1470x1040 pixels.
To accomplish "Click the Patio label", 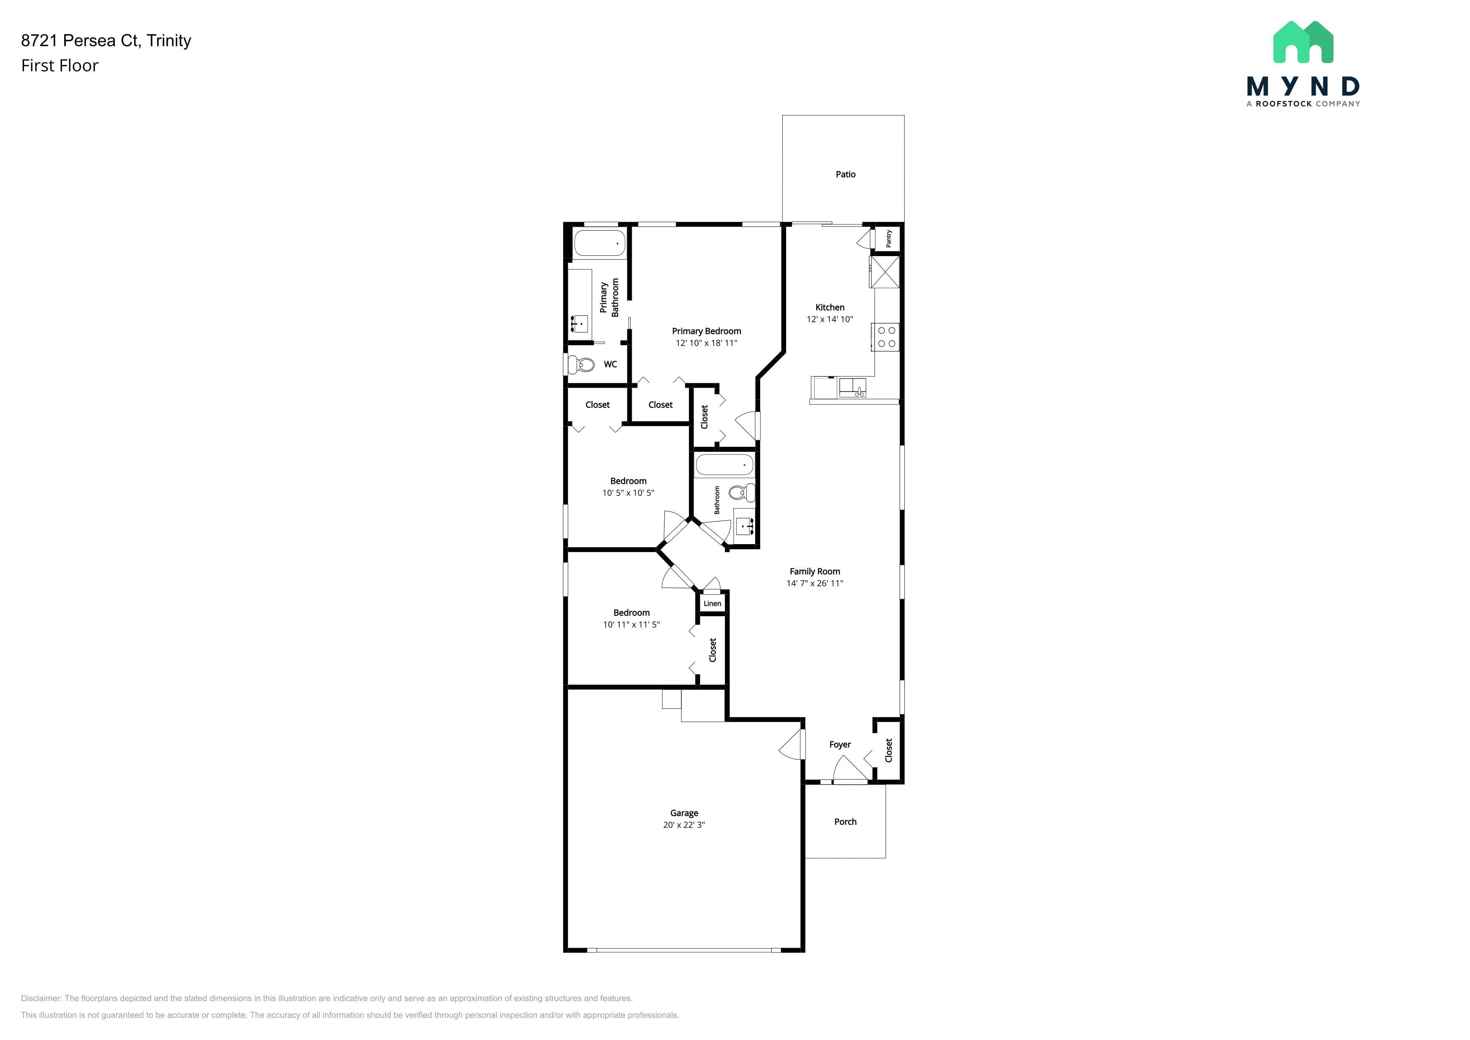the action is (x=845, y=174).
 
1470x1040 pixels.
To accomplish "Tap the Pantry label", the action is (x=889, y=239).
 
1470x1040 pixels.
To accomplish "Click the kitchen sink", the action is (x=852, y=387).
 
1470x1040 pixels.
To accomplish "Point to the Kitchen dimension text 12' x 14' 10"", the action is (x=830, y=319).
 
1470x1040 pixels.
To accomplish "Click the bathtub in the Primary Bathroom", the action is (x=599, y=244).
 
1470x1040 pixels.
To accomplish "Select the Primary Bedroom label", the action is (x=706, y=331).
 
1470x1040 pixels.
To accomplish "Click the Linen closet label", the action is (x=712, y=603).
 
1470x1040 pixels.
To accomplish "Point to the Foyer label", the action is (x=839, y=744).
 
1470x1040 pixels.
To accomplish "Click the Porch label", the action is (x=845, y=822).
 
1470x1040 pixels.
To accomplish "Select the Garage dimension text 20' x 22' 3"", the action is (x=684, y=825).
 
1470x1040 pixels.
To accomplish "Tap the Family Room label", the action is (x=814, y=571).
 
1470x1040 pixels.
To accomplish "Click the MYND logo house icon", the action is (x=1303, y=42).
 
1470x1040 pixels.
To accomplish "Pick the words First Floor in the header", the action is (x=60, y=65).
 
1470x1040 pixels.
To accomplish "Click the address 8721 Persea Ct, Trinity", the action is (x=106, y=40).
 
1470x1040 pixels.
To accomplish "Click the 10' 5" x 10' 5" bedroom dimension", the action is (x=628, y=493).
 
